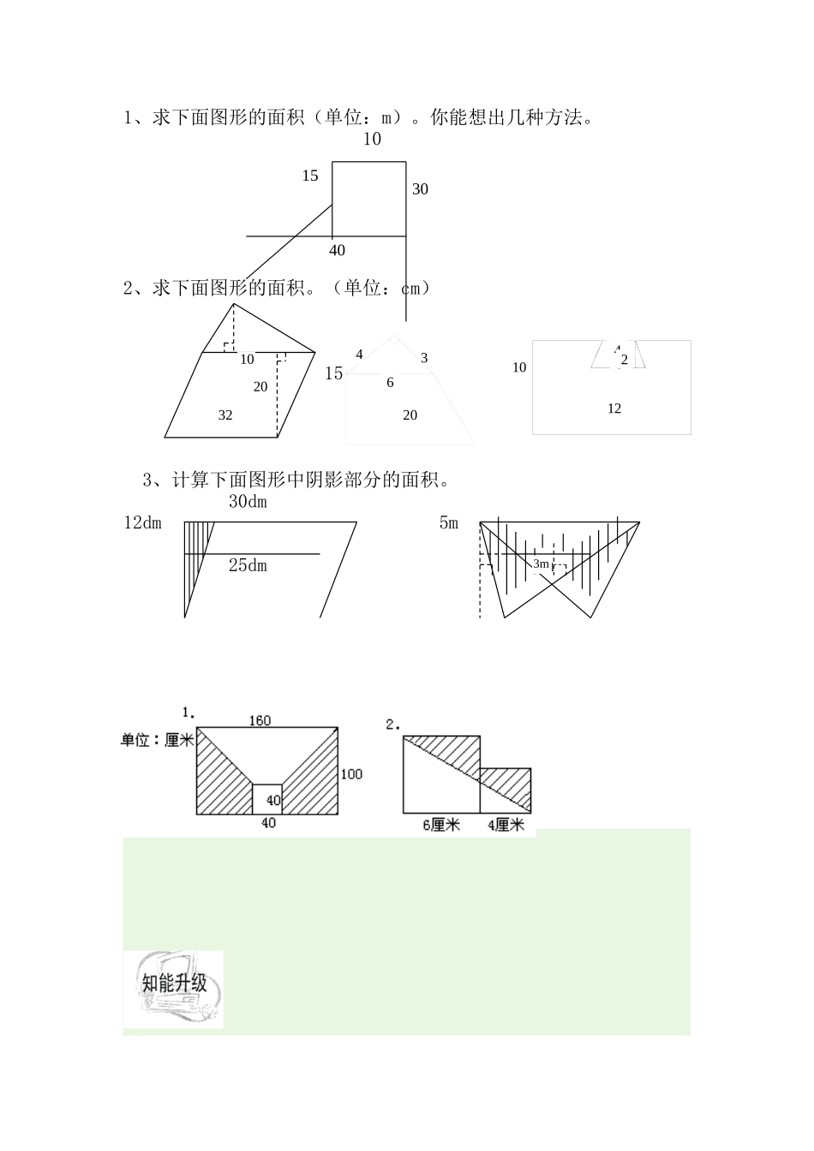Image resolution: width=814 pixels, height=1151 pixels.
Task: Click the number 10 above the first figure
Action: point(371,139)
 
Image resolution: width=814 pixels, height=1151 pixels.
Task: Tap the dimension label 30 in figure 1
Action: point(419,189)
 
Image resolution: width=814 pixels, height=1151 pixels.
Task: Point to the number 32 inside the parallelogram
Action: point(225,415)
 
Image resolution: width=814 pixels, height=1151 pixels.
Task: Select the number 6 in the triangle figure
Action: point(390,383)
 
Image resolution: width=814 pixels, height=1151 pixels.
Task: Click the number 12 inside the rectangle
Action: point(613,409)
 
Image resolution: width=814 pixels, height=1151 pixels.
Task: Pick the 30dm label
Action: point(248,502)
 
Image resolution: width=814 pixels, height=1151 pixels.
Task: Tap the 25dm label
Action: point(248,565)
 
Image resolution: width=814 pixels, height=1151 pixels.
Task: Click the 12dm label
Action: point(142,522)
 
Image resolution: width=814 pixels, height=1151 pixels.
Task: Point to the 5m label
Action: point(448,522)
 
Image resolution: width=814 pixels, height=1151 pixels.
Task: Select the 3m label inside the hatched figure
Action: point(541,564)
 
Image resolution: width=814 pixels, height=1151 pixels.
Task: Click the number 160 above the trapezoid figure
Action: point(260,720)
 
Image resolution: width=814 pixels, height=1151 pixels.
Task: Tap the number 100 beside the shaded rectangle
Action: point(351,774)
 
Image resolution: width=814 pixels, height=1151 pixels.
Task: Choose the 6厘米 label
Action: point(441,826)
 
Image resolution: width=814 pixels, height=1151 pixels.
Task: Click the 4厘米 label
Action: point(505,826)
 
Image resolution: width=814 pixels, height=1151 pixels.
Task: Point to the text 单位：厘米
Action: point(158,739)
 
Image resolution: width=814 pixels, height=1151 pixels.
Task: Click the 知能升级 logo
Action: point(174,987)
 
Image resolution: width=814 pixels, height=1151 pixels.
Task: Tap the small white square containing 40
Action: point(267,799)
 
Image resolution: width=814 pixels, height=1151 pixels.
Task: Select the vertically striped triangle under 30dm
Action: point(195,557)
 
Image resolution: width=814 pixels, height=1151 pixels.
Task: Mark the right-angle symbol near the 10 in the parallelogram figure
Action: point(228,347)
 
